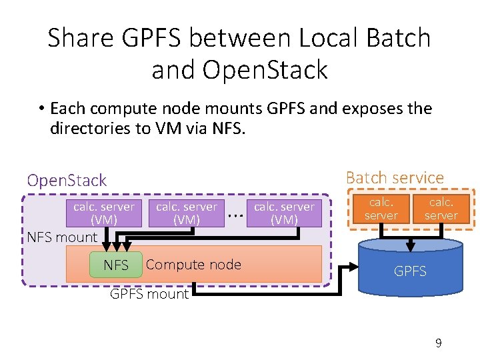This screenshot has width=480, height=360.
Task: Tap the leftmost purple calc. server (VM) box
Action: pyautogui.click(x=103, y=213)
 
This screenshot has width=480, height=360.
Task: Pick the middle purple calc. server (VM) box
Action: pyautogui.click(x=186, y=213)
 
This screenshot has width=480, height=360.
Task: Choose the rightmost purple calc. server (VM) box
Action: pyautogui.click(x=284, y=213)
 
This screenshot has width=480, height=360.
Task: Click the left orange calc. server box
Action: pyautogui.click(x=381, y=208)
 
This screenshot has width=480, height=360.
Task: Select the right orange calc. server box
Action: pyautogui.click(x=441, y=208)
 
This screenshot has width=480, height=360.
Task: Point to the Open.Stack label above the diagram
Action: pyautogui.click(x=67, y=181)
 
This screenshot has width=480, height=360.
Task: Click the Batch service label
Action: pyautogui.click(x=394, y=178)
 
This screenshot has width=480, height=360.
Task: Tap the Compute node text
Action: pyautogui.click(x=193, y=265)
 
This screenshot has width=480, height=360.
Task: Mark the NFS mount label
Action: pyautogui.click(x=62, y=237)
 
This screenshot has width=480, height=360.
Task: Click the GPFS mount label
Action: pyautogui.click(x=149, y=294)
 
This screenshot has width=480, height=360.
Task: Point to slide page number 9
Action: pyautogui.click(x=438, y=343)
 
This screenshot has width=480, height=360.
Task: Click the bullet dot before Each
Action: pyautogui.click(x=41, y=109)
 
